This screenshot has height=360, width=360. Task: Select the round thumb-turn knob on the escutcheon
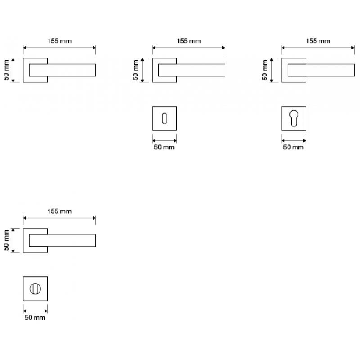point(35,288)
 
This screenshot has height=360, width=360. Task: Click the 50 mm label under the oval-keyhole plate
point(164,147)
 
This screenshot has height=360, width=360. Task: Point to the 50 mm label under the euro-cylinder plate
point(293,147)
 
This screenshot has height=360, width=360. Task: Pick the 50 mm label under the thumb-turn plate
point(35,318)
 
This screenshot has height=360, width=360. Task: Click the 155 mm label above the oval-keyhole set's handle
point(189,41)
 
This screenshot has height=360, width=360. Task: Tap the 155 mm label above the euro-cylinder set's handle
point(318,41)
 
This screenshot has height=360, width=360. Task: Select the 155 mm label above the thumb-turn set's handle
point(59,211)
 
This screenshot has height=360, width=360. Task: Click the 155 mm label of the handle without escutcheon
point(59,41)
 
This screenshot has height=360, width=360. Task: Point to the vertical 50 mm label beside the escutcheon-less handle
point(6,70)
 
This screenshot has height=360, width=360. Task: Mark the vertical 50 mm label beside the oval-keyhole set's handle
point(135,70)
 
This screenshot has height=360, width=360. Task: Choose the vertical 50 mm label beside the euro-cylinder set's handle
point(265,70)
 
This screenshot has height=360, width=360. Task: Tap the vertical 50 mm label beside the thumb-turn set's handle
point(6,240)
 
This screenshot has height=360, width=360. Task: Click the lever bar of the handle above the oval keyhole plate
point(198,70)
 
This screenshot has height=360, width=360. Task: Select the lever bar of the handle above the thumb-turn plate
point(67,240)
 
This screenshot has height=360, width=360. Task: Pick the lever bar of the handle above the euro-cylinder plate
point(327,70)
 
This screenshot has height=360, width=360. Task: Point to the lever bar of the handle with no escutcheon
point(67,70)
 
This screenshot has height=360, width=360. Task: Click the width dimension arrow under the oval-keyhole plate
point(164,139)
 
